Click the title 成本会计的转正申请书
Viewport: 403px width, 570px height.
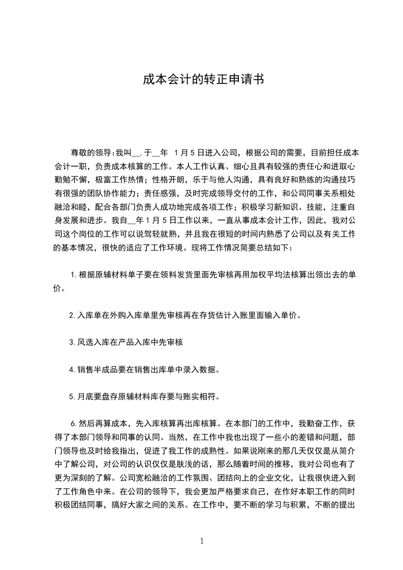(x=201, y=80)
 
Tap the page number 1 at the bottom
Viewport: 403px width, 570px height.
(x=202, y=541)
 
